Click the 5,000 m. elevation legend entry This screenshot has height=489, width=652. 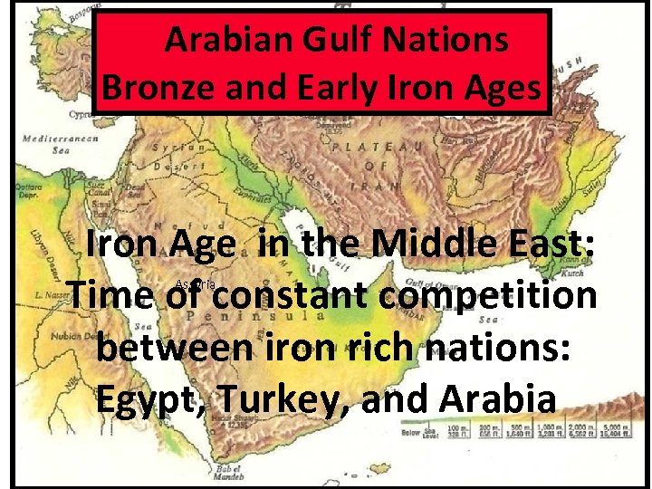pyautogui.click(x=617, y=429)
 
